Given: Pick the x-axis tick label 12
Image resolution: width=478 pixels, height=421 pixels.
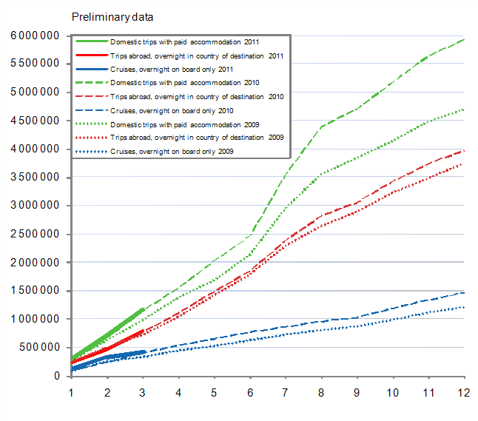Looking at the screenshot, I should point(464,391).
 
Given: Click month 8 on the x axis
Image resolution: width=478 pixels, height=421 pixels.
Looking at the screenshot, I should point(321,391).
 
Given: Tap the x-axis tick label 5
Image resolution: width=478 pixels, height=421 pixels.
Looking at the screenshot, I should point(214,391).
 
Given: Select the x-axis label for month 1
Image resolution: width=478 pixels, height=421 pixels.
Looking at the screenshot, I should point(71,391).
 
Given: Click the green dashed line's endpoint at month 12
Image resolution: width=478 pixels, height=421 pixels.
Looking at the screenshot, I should point(464,39).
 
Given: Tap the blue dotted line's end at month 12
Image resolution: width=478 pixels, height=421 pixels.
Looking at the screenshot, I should point(464,307).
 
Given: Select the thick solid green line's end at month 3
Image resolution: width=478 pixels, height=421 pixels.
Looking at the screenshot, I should point(142,310).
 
